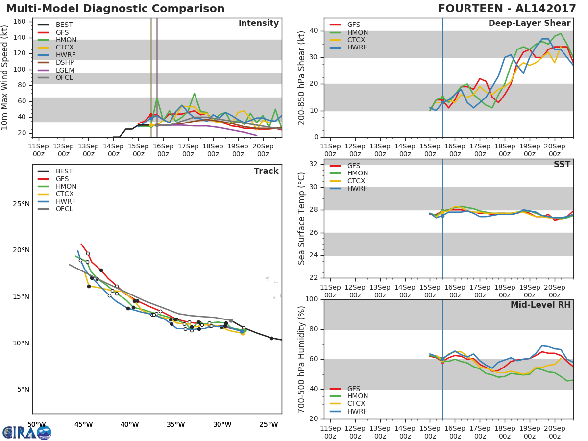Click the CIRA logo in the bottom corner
tap(27, 432)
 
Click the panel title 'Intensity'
tap(259, 24)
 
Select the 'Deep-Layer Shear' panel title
tap(529, 24)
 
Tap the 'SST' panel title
tap(562, 164)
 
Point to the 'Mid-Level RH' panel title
tap(540, 305)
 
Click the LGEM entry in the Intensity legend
tap(56, 70)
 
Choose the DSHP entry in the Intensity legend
tap(56, 62)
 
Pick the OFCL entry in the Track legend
tap(55, 209)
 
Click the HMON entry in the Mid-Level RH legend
tap(348, 396)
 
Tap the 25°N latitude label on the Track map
tap(21, 204)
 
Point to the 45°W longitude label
tap(84, 425)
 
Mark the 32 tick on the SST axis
tap(314, 164)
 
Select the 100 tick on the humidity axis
tap(312, 299)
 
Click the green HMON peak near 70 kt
tap(194, 94)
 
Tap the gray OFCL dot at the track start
tap(231, 320)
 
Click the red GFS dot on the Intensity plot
tap(151, 115)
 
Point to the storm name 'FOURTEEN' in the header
tap(470, 9)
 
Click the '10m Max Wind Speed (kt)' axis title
tap(4, 77)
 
